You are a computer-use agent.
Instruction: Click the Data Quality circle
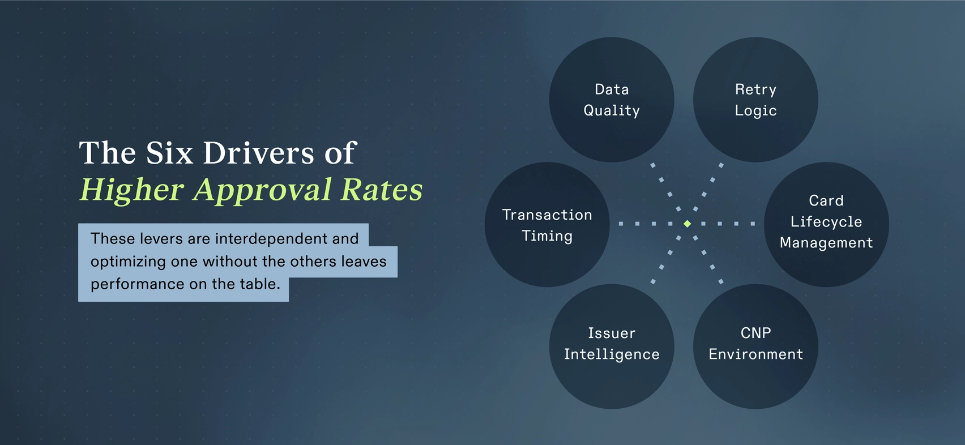click(612, 100)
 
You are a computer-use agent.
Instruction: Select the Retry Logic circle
click(755, 100)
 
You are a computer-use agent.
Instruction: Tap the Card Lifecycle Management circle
click(826, 224)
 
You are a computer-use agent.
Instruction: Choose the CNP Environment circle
click(755, 346)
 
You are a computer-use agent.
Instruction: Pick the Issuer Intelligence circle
click(612, 346)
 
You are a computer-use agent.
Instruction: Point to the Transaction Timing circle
click(547, 224)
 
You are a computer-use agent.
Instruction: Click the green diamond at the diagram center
click(687, 224)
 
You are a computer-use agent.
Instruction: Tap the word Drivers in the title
click(258, 153)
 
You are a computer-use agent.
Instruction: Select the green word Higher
click(132, 190)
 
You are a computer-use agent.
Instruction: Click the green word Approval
click(262, 190)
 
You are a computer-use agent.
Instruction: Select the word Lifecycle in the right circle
click(826, 221)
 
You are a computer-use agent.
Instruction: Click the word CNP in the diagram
click(755, 333)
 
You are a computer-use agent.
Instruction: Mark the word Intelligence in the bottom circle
click(612, 354)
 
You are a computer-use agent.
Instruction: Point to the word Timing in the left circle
click(547, 236)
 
